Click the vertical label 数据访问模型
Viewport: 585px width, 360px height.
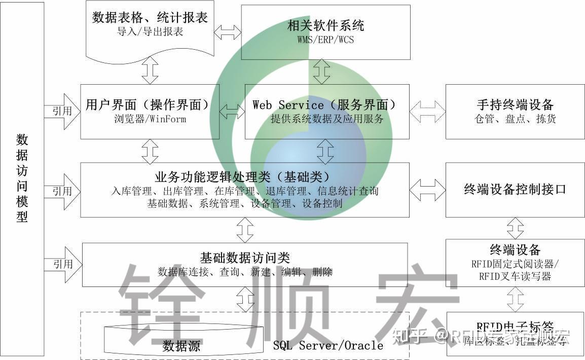tap(22, 178)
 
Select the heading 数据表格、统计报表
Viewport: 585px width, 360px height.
tap(150, 18)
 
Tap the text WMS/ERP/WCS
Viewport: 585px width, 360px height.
tap(325, 39)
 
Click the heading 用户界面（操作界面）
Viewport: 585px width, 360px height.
tap(148, 105)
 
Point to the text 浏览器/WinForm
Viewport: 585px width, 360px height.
tap(150, 120)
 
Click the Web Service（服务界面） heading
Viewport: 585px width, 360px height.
tap(324, 105)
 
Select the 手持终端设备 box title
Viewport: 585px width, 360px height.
tap(515, 105)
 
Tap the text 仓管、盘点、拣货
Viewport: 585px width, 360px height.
tap(515, 120)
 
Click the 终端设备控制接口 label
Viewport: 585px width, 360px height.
tap(515, 190)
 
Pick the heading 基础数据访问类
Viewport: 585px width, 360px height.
tap(245, 258)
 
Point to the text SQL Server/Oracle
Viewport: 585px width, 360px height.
tap(328, 346)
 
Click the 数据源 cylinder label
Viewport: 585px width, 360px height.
tap(181, 347)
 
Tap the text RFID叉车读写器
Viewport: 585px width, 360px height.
tap(515, 276)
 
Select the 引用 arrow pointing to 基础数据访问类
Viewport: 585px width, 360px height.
tap(63, 264)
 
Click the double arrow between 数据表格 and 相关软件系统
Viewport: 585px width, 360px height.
tap(227, 32)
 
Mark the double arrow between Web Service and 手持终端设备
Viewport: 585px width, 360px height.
tap(427, 111)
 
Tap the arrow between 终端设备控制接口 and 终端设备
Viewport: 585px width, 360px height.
tap(516, 228)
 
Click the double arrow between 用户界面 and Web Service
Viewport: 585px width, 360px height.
tap(232, 111)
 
